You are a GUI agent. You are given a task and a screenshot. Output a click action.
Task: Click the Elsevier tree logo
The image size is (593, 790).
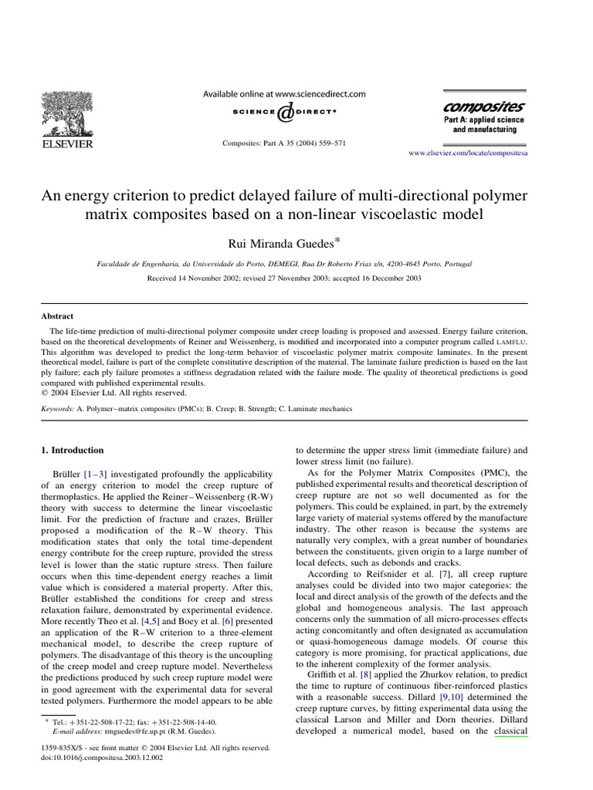pos(66,113)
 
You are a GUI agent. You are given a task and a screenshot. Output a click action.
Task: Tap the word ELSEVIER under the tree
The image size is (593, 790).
pos(66,144)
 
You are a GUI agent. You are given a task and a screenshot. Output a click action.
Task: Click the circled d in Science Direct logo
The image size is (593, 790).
pos(285,113)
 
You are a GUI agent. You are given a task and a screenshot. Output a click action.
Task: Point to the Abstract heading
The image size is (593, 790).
pos(57,316)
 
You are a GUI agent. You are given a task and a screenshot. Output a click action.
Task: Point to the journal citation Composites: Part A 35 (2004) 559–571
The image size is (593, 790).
pos(283,143)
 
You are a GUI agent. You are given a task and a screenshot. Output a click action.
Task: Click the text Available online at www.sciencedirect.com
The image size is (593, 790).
pos(283,94)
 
